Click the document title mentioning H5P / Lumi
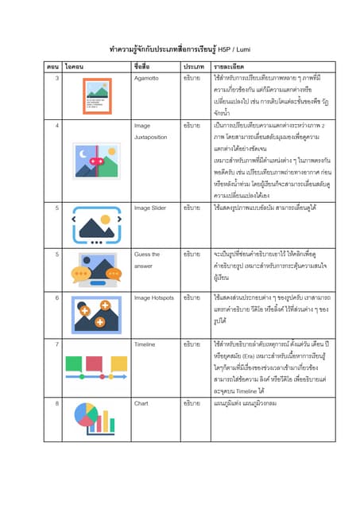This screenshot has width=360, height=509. [x=180, y=48]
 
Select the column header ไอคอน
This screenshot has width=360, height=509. [x=77, y=67]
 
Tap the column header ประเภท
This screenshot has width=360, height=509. [x=195, y=67]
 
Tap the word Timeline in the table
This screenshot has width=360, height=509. [x=146, y=344]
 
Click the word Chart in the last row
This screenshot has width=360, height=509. [x=141, y=404]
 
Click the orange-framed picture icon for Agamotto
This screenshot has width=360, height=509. [x=97, y=95]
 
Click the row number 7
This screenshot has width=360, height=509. [x=56, y=344]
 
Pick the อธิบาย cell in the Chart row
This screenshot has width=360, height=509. [x=192, y=404]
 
